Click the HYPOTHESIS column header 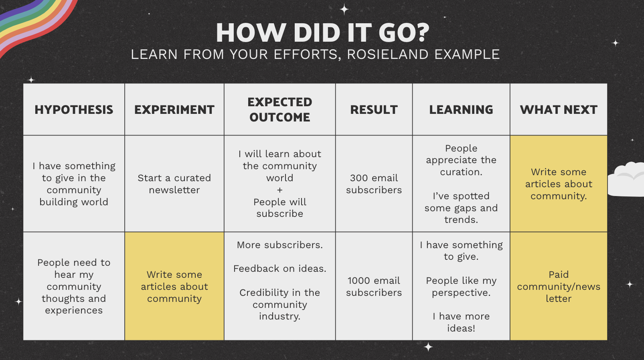(74, 110)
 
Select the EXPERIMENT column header (174, 110)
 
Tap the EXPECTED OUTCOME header (280, 110)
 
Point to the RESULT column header (374, 110)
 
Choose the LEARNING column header (461, 110)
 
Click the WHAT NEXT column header (559, 110)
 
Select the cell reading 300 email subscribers (374, 184)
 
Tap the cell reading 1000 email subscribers (374, 287)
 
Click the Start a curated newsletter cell (174, 184)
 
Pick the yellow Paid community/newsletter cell (559, 286)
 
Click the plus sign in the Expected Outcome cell (280, 190)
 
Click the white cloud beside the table (627, 180)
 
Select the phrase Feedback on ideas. (280, 269)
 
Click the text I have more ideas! (461, 322)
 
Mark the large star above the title (344, 10)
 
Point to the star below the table (428, 347)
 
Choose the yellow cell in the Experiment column (174, 286)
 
